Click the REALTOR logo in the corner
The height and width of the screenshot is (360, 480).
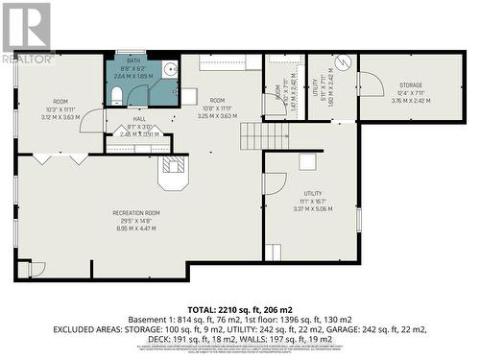(x=26, y=33)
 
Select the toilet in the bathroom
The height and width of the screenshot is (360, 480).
(x=113, y=94)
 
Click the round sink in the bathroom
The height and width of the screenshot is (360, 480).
(x=170, y=68)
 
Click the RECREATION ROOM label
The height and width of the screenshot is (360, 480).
(x=136, y=212)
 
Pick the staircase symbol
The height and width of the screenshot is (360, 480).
(x=251, y=136)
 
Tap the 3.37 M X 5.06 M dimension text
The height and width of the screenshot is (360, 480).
(x=311, y=207)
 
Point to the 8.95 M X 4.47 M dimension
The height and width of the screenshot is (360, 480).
(x=136, y=228)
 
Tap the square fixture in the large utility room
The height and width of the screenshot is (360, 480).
(x=274, y=252)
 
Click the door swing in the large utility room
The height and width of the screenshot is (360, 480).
(x=274, y=183)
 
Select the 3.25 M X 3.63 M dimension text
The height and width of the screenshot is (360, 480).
(x=217, y=116)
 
